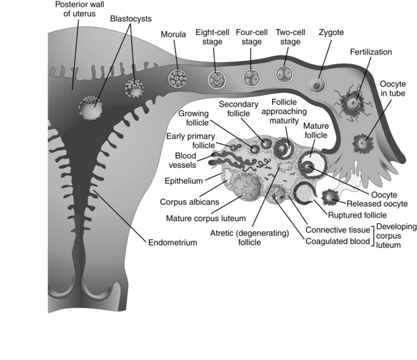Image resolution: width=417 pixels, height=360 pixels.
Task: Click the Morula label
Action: point(173,34)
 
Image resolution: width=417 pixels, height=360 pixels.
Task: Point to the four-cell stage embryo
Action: point(251,76)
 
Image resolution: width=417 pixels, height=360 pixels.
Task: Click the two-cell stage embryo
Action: point(284,73)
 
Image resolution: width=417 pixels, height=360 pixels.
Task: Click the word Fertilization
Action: point(371,52)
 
